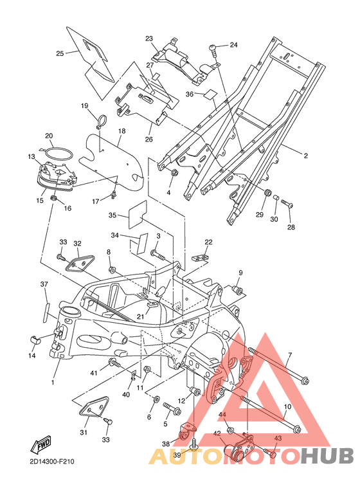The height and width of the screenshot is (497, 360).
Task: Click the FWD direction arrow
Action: (41, 444)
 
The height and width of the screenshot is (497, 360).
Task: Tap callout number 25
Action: (60, 53)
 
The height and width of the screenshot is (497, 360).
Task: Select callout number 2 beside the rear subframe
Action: (305, 156)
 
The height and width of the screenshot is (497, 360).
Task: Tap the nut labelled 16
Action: (54, 199)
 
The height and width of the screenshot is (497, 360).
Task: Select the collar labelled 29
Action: (268, 192)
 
